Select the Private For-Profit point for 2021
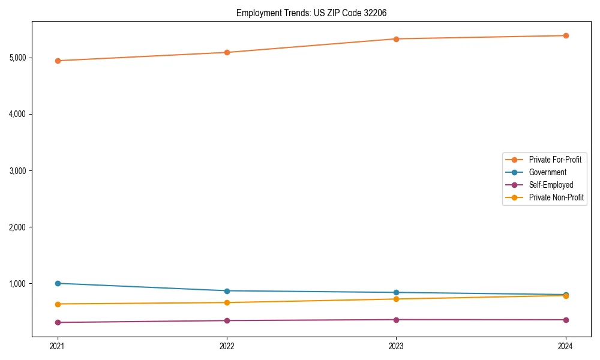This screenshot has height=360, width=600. [x=58, y=61]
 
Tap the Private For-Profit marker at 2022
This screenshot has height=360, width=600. [x=227, y=52]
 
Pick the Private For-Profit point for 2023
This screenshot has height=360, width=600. [x=396, y=39]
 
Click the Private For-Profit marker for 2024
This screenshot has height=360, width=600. [x=566, y=35]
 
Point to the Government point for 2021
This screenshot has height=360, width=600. [x=58, y=283]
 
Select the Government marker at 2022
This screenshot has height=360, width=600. [x=227, y=291]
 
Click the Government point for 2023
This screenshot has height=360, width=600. [x=396, y=293]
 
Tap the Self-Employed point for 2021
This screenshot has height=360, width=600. [x=58, y=322]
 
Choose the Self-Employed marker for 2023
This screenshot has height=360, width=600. [x=396, y=320]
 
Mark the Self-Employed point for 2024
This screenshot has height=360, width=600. [x=566, y=320]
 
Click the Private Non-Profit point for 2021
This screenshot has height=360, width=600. [x=58, y=304]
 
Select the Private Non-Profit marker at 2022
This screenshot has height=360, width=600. [x=227, y=302]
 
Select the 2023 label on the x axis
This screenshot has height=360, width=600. [x=396, y=346]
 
